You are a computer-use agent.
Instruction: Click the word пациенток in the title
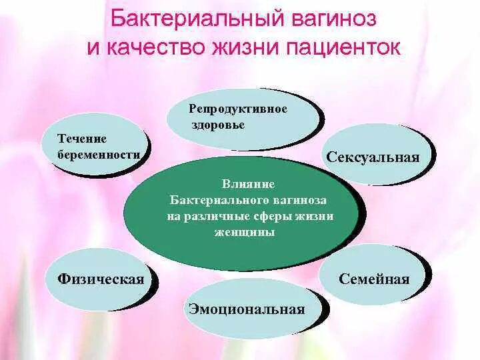(x=347, y=48)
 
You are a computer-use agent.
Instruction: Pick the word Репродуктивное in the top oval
(x=238, y=109)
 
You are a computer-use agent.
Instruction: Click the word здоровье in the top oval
(x=217, y=125)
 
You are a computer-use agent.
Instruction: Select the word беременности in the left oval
(x=99, y=154)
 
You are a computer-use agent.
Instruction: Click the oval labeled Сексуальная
(x=373, y=157)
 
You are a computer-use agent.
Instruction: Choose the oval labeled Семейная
(x=373, y=279)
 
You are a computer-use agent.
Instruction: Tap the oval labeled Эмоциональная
(x=247, y=309)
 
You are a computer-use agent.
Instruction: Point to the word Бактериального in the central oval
(x=219, y=200)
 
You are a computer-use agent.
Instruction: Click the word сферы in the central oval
(x=275, y=217)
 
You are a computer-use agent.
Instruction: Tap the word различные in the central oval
(x=217, y=217)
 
